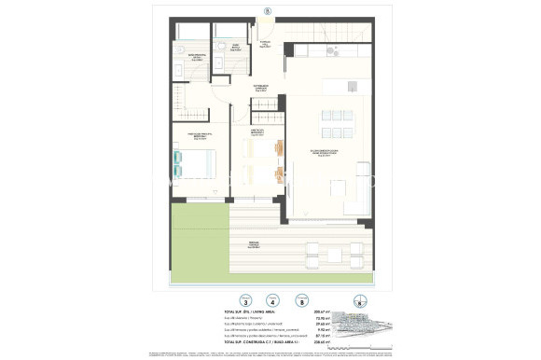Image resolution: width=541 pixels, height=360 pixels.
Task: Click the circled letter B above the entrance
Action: [267, 10]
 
